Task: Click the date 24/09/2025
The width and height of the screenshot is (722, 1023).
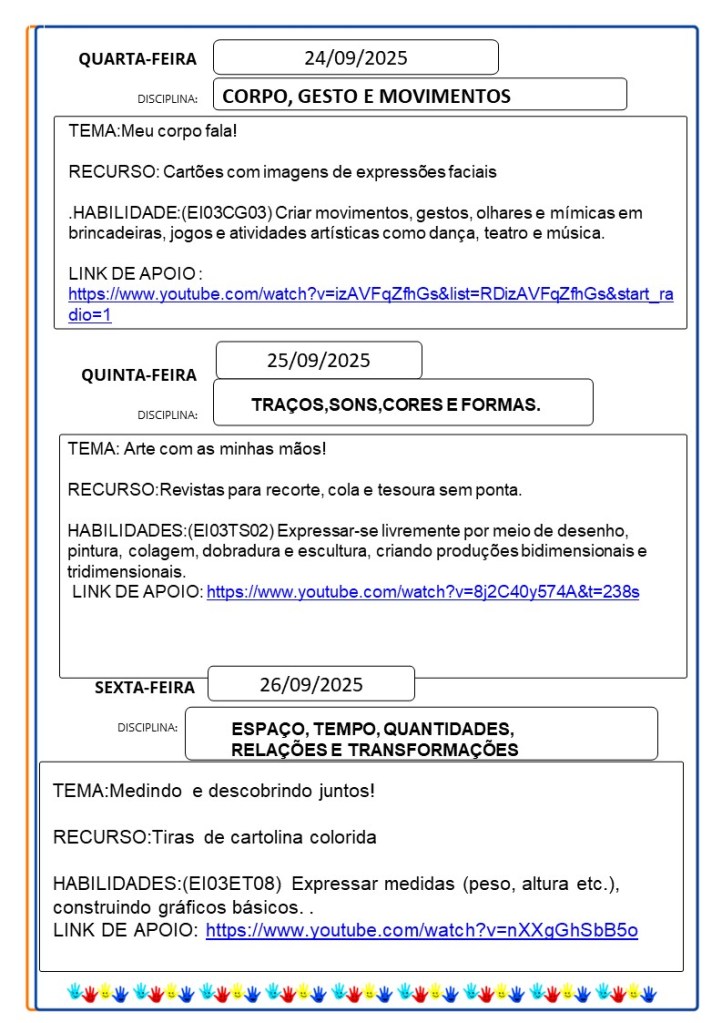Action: point(355,58)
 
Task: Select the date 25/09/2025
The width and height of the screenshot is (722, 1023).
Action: point(318,360)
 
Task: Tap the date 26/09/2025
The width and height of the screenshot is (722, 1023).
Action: point(311,685)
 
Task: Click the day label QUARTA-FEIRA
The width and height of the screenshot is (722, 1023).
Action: point(138,60)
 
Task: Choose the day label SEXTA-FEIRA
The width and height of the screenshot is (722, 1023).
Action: point(145,688)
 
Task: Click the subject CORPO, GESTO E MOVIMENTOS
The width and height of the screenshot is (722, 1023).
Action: point(366,96)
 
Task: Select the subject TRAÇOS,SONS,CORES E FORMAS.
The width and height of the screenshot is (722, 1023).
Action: point(396,405)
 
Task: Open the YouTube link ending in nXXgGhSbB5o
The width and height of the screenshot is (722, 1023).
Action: point(421,931)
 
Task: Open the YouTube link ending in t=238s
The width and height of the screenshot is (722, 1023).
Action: point(422,592)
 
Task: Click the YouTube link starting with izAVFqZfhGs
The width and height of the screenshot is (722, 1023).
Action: point(370,294)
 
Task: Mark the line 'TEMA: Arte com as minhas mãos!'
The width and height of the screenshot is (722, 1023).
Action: point(197,449)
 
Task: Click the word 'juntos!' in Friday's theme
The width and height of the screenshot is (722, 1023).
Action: point(342,791)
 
